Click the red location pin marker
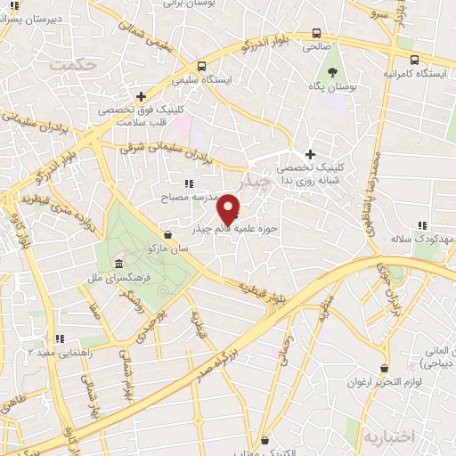[228, 208]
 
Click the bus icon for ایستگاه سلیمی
[201, 65]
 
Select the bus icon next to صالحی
[316, 35]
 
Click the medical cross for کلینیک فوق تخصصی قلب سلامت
[141, 95]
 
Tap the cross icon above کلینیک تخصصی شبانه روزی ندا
[310, 153]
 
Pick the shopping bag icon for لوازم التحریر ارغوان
[384, 368]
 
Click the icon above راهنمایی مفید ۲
[60, 338]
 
